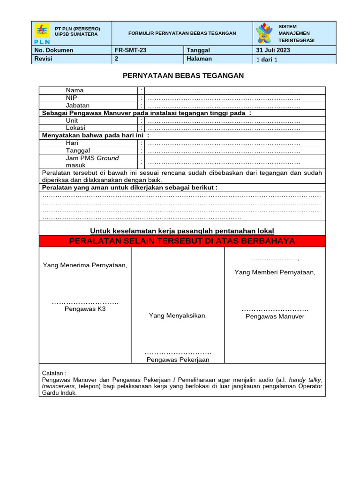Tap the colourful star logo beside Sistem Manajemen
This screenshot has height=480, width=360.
(x=264, y=33)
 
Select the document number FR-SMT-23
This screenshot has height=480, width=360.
(x=127, y=50)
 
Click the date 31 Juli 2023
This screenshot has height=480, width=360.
(x=273, y=50)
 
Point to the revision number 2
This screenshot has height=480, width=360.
(x=116, y=59)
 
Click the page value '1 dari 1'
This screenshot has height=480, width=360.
(x=267, y=60)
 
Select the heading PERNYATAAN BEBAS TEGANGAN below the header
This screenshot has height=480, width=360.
(x=183, y=75)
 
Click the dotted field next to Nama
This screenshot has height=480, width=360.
(x=224, y=90)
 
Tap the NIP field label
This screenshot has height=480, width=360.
(x=71, y=98)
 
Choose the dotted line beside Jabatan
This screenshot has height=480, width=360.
(x=224, y=106)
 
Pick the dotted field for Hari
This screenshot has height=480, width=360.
(x=224, y=143)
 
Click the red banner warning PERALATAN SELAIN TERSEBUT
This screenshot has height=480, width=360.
(x=182, y=241)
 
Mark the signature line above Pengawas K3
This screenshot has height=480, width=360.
(x=85, y=302)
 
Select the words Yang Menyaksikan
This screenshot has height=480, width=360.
(x=178, y=315)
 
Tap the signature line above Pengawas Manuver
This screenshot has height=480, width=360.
(x=275, y=310)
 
